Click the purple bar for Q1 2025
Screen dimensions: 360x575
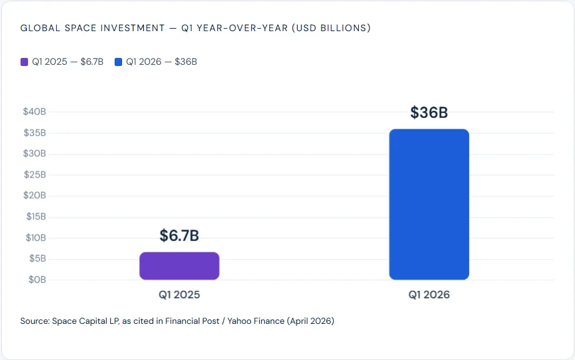point(179,266)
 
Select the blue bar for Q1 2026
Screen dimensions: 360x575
point(429,204)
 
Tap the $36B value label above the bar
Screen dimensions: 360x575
point(429,113)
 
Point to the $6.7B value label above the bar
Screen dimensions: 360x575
point(179,236)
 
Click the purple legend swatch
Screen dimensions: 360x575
point(24,62)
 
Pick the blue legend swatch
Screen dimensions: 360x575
point(118,62)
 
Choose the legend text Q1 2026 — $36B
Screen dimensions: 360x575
point(161,62)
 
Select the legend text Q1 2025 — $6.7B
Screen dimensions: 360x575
point(68,62)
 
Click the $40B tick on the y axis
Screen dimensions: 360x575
point(34,111)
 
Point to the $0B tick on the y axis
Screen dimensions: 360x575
point(36,280)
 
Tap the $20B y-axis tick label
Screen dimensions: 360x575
point(34,196)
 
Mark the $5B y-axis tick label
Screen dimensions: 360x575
point(36,258)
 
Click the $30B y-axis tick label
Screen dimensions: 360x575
point(34,154)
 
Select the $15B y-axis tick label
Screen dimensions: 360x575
point(35,217)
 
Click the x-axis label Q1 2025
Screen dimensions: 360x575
point(179,295)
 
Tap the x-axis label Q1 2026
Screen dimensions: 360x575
point(429,295)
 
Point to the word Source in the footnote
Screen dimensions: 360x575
point(34,321)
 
